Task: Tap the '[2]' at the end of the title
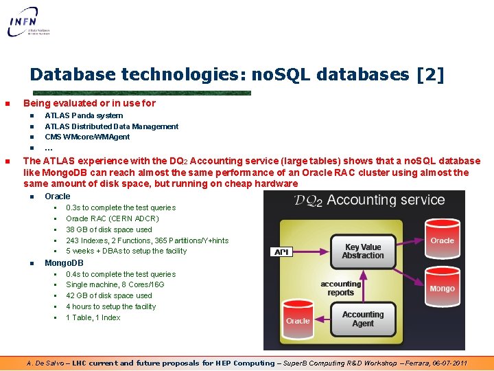click(430, 74)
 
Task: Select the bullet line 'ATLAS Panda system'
click(84, 115)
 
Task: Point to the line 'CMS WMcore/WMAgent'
click(87, 137)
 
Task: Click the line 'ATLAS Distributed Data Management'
click(111, 126)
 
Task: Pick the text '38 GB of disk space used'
click(109, 229)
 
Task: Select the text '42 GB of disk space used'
click(109, 295)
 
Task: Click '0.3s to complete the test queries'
click(121, 207)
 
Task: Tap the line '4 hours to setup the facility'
click(110, 306)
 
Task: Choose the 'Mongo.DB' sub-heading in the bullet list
click(64, 263)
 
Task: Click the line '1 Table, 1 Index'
click(93, 317)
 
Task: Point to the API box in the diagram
click(281, 252)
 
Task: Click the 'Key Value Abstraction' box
click(364, 251)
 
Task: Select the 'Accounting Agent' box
click(363, 319)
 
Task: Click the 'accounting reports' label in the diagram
click(340, 288)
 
